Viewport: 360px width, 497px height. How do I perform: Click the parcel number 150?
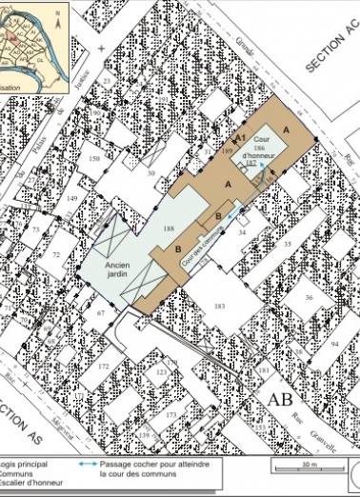pos(93,158)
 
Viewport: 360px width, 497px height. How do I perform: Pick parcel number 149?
pos(71,198)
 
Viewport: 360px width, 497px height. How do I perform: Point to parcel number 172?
pos(104,366)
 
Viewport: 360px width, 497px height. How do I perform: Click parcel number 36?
pos(308,297)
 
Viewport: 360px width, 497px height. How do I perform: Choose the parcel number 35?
pos(288,245)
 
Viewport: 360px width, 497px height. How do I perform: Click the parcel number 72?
pos(55,255)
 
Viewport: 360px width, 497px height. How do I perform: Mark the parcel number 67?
pos(100,312)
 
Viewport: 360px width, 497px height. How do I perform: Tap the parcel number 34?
pos(242,232)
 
